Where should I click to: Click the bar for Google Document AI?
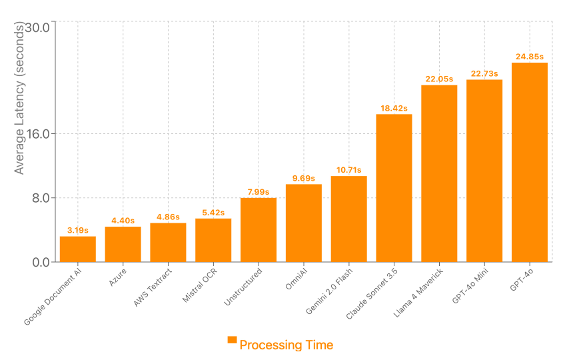78,249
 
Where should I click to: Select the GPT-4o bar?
529,162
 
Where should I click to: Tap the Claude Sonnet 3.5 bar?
394,188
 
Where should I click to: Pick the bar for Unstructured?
259,230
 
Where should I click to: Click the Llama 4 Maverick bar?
439,173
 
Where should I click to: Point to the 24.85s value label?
529,57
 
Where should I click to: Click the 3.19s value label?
78,230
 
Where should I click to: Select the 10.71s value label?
348,170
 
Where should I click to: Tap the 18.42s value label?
394,108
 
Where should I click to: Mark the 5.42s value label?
213,213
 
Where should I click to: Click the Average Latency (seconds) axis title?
19,98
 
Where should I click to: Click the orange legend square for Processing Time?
232,340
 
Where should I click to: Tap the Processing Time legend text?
286,345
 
